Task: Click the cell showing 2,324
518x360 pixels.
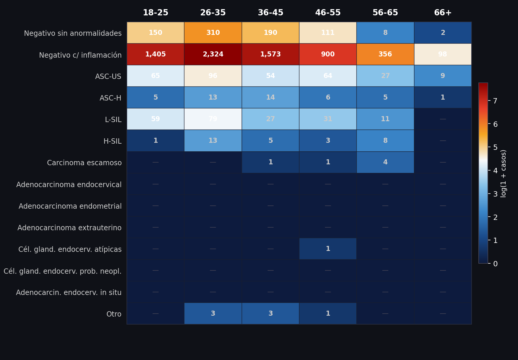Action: tap(213, 54)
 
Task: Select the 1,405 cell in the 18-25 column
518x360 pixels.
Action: tap(156, 54)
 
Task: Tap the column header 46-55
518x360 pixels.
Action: tap(328, 13)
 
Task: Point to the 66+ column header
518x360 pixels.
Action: tap(443, 13)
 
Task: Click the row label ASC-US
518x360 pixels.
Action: tap(108, 77)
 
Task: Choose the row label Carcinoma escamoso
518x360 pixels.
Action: tap(84, 163)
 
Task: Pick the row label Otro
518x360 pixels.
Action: tap(114, 314)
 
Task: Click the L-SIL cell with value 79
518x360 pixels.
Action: tap(213, 119)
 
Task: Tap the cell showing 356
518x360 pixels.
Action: tap(385, 54)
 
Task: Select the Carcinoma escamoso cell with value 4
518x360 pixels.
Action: tap(385, 162)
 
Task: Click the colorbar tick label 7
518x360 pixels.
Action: tap(495, 101)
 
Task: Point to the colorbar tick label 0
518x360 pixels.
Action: tap(495, 264)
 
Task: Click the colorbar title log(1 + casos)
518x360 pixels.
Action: tap(504, 173)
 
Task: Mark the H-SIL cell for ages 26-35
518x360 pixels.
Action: tap(213, 141)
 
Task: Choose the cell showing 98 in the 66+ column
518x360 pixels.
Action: tap(443, 54)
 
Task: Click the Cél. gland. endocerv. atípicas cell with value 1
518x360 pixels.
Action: tap(328, 249)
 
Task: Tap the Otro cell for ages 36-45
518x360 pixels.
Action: tap(271, 314)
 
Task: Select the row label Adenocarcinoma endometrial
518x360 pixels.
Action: tap(70, 206)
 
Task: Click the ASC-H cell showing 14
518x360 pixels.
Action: tap(271, 98)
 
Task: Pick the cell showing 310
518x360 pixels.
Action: tap(213, 33)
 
